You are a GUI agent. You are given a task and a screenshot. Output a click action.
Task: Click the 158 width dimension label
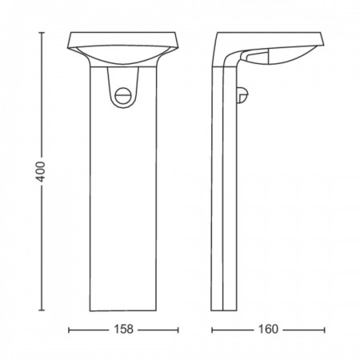(123, 330)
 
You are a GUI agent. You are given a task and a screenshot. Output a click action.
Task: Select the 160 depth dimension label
(268, 330)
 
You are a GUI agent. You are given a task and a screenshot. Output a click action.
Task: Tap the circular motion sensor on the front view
(122, 95)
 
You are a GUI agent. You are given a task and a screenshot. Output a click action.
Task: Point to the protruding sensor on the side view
(242, 95)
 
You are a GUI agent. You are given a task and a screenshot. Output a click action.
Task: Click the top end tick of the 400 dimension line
(42, 33)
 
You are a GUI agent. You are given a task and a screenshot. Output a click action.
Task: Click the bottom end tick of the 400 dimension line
(42, 310)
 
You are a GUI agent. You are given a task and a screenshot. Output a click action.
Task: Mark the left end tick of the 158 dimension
(69, 330)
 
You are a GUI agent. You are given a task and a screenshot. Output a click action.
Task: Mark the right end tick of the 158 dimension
(178, 330)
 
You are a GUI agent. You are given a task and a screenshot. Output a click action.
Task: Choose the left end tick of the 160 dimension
(212, 330)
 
